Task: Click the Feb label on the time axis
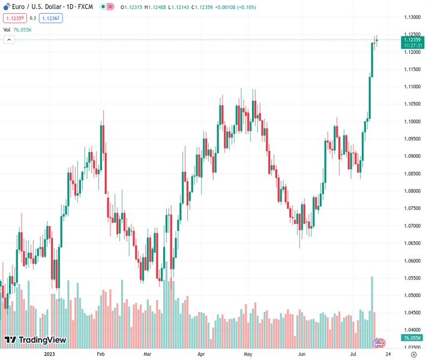click(101, 354)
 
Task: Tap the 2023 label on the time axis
click(50, 354)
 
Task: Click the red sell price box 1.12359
click(13, 18)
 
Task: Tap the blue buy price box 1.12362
click(50, 18)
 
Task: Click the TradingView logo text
click(42, 340)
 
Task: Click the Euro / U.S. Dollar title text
click(36, 7)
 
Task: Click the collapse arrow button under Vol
click(9, 40)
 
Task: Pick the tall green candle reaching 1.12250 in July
click(372, 60)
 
